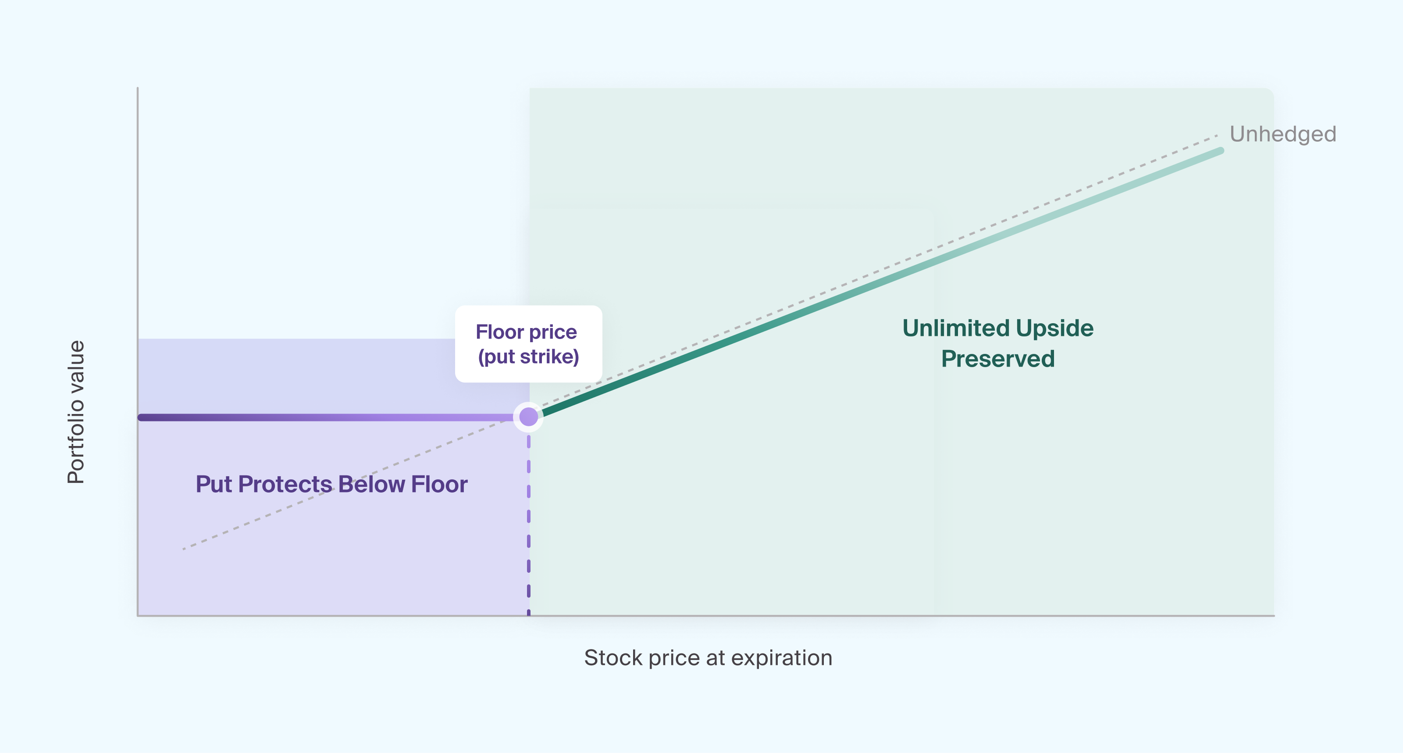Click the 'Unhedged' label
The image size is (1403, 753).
(1282, 134)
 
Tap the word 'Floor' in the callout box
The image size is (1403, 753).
(499, 332)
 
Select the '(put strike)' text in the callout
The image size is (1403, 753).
(528, 357)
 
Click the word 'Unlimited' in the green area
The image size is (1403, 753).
(956, 328)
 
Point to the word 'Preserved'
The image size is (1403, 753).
(998, 359)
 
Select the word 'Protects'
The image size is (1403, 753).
(285, 484)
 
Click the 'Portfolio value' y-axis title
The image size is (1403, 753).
(76, 412)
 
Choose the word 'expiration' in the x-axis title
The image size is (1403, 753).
(782, 658)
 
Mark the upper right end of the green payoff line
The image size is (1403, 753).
(1221, 151)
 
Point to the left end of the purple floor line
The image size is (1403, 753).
(140, 418)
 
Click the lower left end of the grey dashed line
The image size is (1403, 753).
(184, 549)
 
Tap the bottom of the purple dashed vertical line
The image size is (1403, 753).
(528, 614)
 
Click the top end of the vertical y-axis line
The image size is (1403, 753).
(137, 88)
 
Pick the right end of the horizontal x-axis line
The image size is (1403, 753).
(1274, 616)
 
